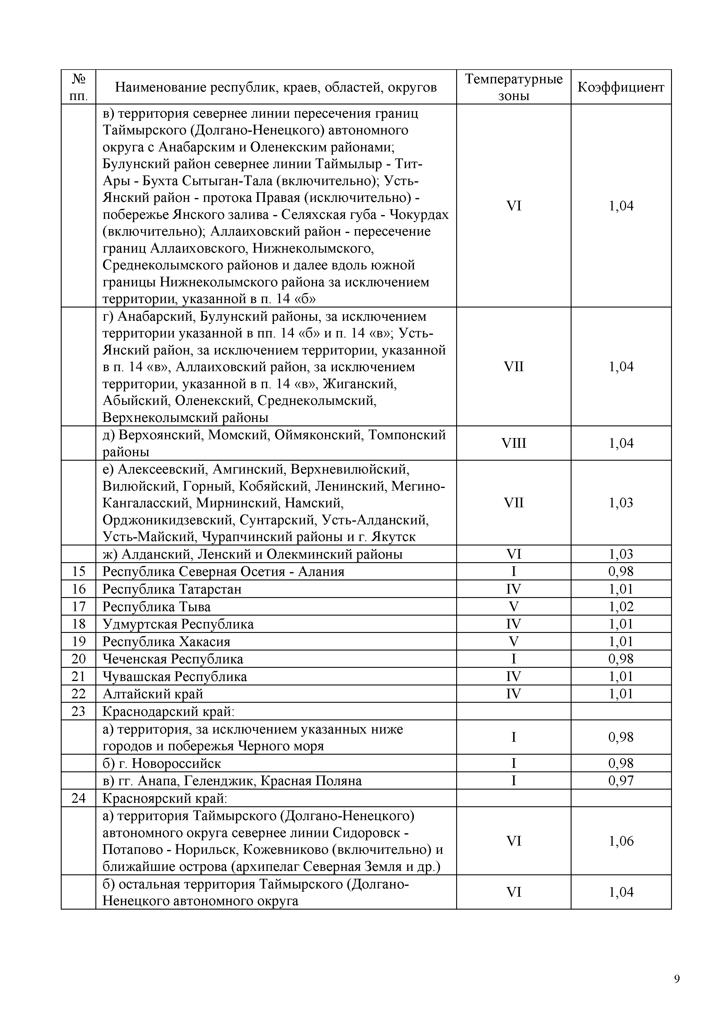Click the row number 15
tap(78, 571)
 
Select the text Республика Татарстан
tap(172, 589)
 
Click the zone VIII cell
tap(513, 443)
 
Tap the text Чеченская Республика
tap(173, 659)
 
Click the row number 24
tap(78, 798)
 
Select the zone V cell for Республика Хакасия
tap(513, 641)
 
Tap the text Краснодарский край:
tap(168, 711)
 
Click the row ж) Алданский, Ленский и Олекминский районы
tap(252, 554)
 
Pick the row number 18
tap(78, 624)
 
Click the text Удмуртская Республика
tap(178, 624)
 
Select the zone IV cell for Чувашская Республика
tap(513, 676)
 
